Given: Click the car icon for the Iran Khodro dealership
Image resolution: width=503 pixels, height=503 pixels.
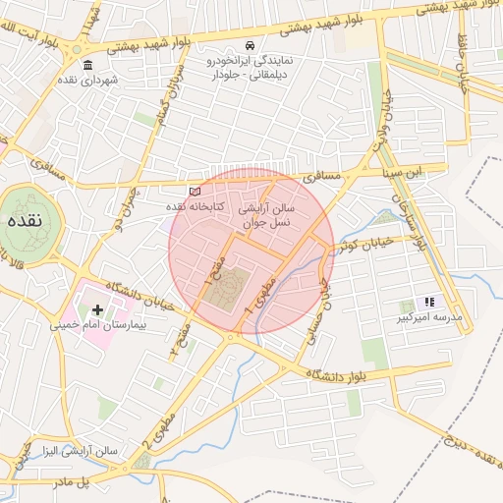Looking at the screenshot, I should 251,46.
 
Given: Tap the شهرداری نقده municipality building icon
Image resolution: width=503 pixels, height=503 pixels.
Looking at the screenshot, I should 88,66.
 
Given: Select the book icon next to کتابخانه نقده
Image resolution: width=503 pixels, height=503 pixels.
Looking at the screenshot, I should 195,191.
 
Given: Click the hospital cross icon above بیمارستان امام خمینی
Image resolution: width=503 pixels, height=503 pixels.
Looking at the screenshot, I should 97,309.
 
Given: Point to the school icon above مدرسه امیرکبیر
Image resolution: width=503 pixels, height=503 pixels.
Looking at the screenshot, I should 428,303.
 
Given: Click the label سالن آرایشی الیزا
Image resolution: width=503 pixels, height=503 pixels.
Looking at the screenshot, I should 79,451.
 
